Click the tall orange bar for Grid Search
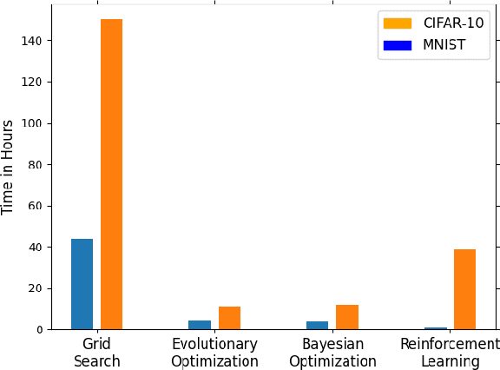point(111,174)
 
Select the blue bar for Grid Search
point(82,284)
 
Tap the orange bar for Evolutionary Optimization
point(229,318)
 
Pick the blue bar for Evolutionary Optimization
point(200,325)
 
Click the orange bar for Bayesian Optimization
point(347,317)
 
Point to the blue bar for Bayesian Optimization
point(317,326)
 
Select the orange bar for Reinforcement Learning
point(464,289)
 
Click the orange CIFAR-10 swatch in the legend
point(398,23)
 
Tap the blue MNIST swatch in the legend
point(398,45)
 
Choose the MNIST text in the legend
point(443,45)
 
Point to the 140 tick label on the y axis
point(33,41)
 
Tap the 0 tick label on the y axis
point(40,330)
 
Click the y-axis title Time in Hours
point(9,167)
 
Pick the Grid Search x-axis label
point(96,353)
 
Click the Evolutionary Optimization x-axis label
point(214,353)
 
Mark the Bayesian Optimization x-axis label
point(332,353)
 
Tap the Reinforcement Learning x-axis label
point(450,353)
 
